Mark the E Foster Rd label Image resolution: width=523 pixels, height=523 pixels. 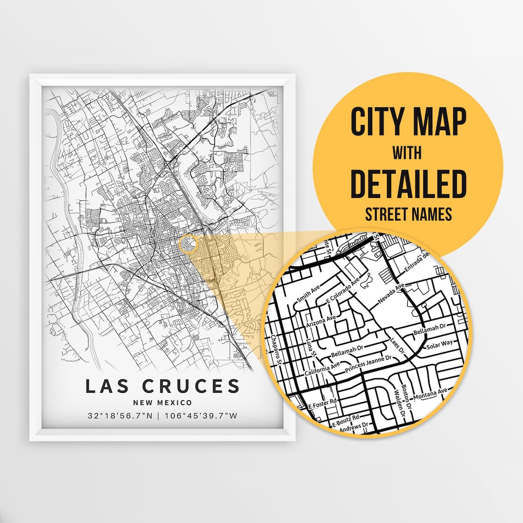tap(323, 403)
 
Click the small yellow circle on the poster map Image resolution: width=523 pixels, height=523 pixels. tap(188, 244)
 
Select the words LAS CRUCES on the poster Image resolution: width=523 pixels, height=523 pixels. tap(163, 386)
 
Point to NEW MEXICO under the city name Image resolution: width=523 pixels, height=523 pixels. tap(163, 402)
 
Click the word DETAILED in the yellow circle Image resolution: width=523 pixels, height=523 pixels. tap(408, 184)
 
